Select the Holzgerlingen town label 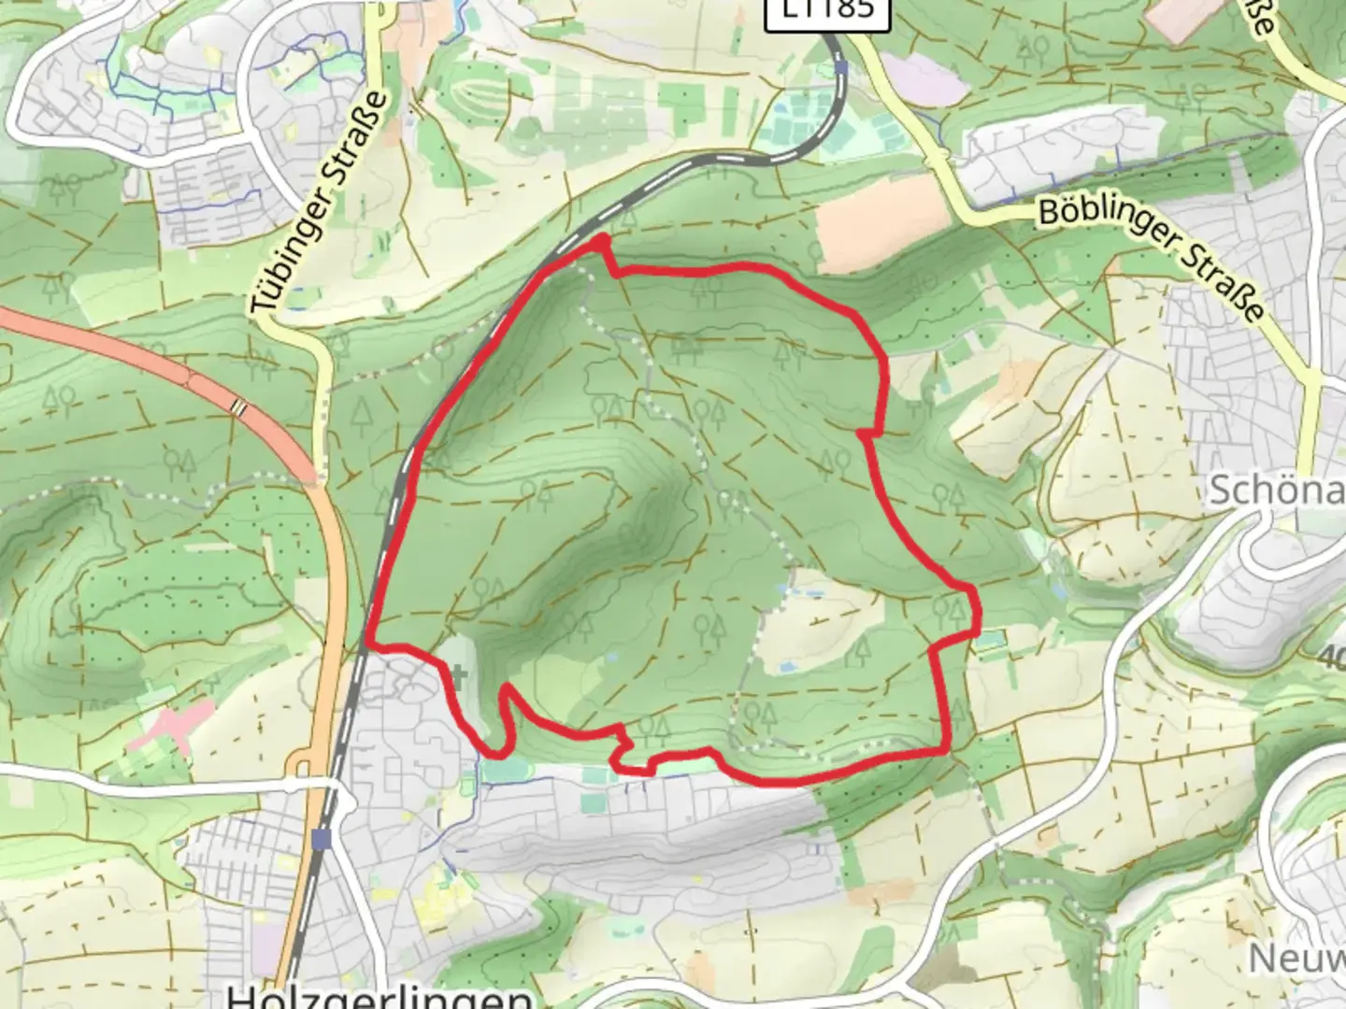coord(379,996)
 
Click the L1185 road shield coord(823,9)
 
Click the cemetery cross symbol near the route coord(458,673)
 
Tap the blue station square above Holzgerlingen coord(322,839)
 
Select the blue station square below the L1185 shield coord(842,68)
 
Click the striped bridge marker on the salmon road coord(240,407)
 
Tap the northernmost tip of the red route coord(601,241)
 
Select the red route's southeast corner coord(948,749)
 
